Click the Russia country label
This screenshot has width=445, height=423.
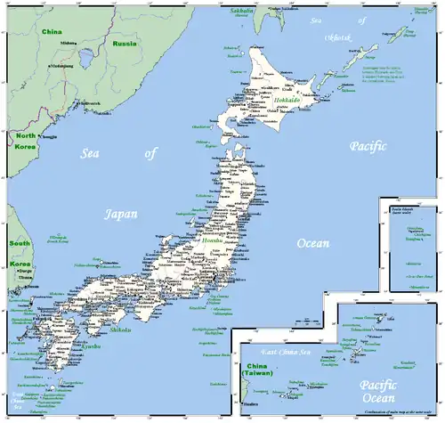[125, 43]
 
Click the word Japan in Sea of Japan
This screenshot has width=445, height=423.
[121, 214]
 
